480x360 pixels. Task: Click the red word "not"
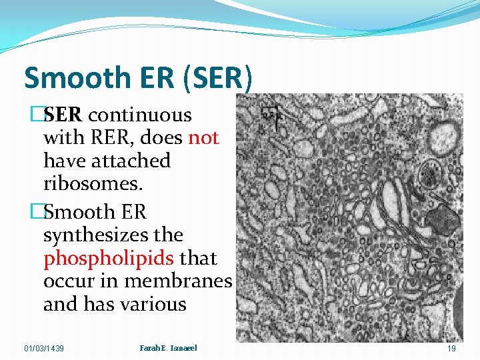pos(203,137)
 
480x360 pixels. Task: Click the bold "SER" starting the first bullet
pos(63,115)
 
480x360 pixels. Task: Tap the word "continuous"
pos(140,115)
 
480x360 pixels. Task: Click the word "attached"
pos(132,161)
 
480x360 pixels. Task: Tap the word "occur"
pos(69,281)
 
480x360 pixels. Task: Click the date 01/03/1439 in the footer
pos(44,349)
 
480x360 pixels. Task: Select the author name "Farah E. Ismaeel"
pos(169,348)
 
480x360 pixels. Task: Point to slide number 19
pos(451,349)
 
